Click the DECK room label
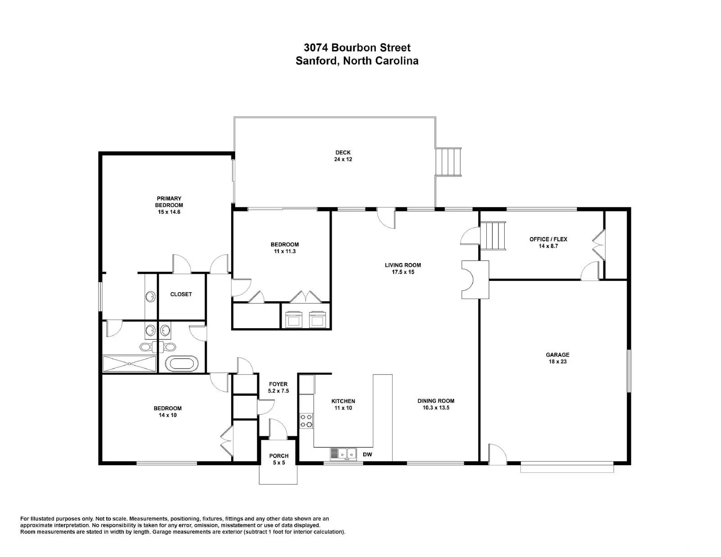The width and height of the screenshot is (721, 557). tap(343, 153)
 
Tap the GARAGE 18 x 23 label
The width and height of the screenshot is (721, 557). tap(557, 358)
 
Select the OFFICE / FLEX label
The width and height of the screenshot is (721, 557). tap(548, 239)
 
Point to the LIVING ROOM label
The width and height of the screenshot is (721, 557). tap(403, 265)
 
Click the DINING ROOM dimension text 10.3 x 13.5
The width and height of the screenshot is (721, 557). tap(436, 408)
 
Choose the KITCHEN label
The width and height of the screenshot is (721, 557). tap(343, 401)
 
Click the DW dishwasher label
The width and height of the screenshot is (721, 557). tap(367, 454)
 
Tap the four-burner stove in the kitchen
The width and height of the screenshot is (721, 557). tap(306, 421)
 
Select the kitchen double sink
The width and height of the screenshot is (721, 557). tap(343, 453)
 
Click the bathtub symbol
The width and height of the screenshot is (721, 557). tap(182, 364)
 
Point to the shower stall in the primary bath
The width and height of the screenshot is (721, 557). tap(129, 364)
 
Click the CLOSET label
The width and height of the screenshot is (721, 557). tap(181, 294)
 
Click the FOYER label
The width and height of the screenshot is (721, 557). tap(278, 384)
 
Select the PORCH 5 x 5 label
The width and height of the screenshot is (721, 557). tap(278, 459)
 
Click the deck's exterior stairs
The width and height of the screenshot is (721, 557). tap(448, 162)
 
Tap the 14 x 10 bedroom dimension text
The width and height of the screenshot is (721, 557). tap(168, 415)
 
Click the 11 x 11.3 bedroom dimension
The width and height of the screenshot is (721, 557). tap(285, 251)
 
